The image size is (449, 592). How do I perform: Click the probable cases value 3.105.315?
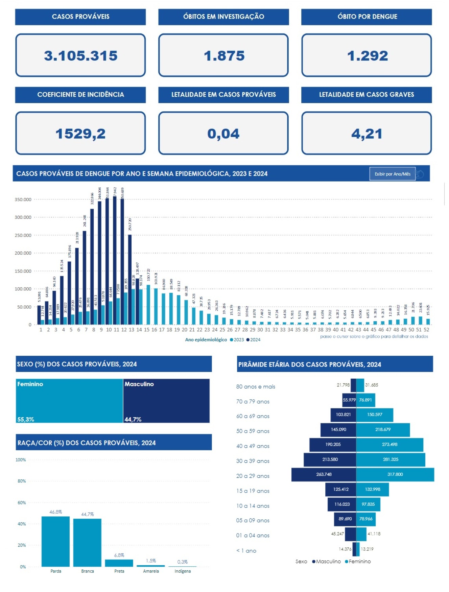click(80, 56)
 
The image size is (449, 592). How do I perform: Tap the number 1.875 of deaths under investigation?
click(224, 56)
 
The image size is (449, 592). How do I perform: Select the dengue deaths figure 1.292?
click(367, 56)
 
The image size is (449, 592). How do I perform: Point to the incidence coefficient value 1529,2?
click(80, 134)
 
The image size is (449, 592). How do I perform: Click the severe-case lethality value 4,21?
click(367, 134)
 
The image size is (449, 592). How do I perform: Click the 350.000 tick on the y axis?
click(23, 200)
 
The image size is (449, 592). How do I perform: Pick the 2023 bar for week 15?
click(148, 304)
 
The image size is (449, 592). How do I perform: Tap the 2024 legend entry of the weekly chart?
click(254, 340)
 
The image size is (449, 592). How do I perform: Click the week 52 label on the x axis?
click(426, 330)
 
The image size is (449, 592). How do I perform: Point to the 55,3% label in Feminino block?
click(26, 420)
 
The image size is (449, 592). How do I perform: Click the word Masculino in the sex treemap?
click(139, 384)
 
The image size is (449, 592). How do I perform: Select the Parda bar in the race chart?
click(55, 541)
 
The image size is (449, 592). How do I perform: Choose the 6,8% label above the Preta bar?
click(119, 555)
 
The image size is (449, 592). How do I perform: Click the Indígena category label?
click(183, 571)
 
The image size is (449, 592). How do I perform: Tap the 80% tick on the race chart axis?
click(22, 481)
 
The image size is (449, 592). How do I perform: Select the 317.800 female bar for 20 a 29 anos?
click(395, 475)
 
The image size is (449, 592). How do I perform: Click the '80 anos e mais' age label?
click(256, 387)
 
